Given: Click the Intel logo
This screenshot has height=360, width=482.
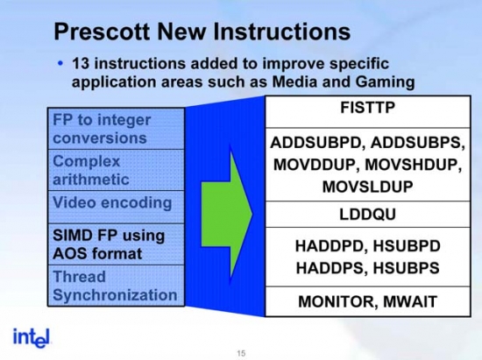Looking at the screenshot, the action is tap(31, 338).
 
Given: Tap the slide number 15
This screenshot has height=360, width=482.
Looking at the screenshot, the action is tap(241, 353).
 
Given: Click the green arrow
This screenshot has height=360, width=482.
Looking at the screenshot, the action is tap(227, 214).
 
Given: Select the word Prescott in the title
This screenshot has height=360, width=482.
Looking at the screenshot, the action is tap(102, 32).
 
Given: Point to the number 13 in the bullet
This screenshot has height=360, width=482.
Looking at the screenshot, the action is tap(81, 64).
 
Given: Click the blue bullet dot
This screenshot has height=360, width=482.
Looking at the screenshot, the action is tap(60, 64).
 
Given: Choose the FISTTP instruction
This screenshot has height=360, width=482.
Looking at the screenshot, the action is tap(368, 108).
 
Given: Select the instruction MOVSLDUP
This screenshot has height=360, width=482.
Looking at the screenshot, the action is tap(368, 187).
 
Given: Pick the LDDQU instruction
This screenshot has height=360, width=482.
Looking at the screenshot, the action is tap(368, 215).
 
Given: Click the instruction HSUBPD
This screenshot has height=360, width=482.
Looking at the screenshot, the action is tap(407, 246).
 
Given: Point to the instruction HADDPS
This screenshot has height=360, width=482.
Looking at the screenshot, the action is tap(331, 268).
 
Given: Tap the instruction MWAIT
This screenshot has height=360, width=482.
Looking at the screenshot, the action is tap(410, 301).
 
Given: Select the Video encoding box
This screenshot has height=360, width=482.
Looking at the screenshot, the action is tap(117, 207).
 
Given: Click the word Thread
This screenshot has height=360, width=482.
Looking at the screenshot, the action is tap(79, 277).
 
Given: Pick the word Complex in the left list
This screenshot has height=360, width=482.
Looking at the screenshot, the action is tap(87, 162).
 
